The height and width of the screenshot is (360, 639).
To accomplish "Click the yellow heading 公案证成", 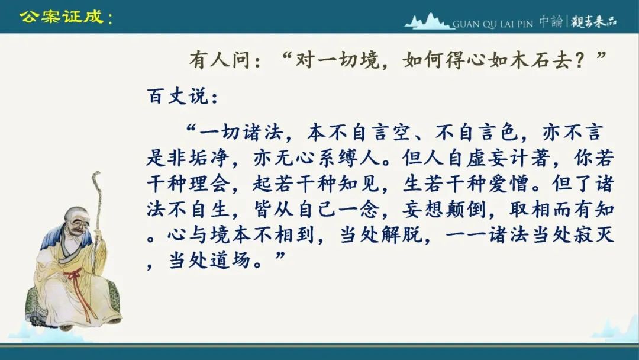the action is pyautogui.click(x=62, y=17).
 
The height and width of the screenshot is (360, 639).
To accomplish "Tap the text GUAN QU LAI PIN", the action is pyautogui.click(x=493, y=24).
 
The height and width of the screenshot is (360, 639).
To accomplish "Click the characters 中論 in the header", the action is pyautogui.click(x=551, y=21).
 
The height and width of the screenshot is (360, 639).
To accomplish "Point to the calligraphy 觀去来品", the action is pyautogui.click(x=593, y=21).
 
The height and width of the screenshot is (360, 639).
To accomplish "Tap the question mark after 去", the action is pyautogui.click(x=580, y=60).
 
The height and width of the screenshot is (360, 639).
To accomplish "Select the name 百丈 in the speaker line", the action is pyautogui.click(x=167, y=97).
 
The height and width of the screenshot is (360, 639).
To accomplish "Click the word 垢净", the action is pyautogui.click(x=209, y=157).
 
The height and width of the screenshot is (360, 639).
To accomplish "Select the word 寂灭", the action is pyautogui.click(x=593, y=235).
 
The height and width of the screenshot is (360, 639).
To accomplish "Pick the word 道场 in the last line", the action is pyautogui.click(x=231, y=261).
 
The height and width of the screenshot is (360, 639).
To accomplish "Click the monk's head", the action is pyautogui.click(x=76, y=221).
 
